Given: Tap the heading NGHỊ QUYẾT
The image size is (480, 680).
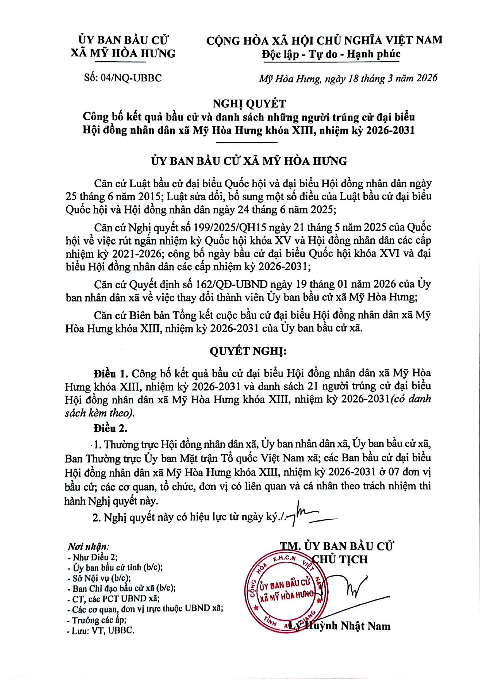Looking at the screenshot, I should tap(249, 103).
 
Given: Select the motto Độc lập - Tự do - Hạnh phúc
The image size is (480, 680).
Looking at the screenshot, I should tap(331, 54).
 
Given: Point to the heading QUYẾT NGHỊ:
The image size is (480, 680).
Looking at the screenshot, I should tap(248, 351).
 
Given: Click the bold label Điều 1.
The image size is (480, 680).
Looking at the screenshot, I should tap(110, 374).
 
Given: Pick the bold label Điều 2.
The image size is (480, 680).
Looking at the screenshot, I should tap(110, 428).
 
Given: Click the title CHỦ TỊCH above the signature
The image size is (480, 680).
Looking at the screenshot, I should tap(340, 559).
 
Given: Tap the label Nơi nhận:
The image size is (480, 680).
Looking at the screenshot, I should tap(88, 546).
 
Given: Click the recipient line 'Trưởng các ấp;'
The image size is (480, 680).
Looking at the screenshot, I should tap(99, 620).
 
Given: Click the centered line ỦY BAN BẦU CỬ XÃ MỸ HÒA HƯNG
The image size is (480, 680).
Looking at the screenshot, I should tap(249, 161).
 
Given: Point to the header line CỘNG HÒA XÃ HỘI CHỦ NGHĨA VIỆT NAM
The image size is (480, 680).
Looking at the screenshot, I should tap(324, 40).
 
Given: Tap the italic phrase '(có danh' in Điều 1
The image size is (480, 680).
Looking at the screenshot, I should tap(411, 399).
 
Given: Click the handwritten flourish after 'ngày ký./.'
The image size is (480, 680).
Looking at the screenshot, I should tap(310, 516).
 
